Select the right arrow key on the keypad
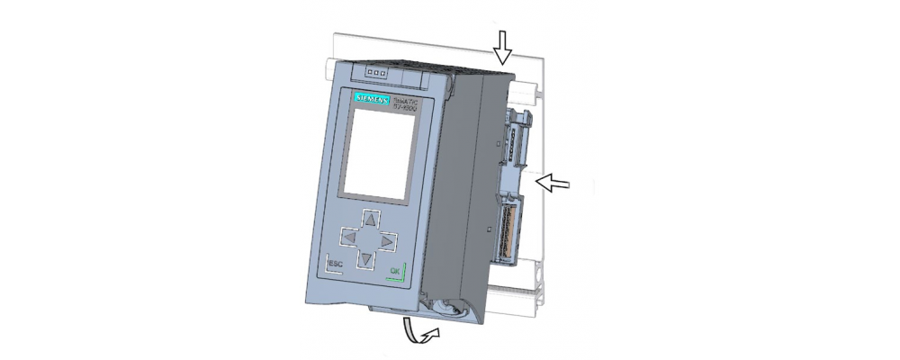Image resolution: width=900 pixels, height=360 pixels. pos(387,241)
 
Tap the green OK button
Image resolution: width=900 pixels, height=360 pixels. pos(394,271)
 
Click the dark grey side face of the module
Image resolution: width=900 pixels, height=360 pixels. pos(463,180)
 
